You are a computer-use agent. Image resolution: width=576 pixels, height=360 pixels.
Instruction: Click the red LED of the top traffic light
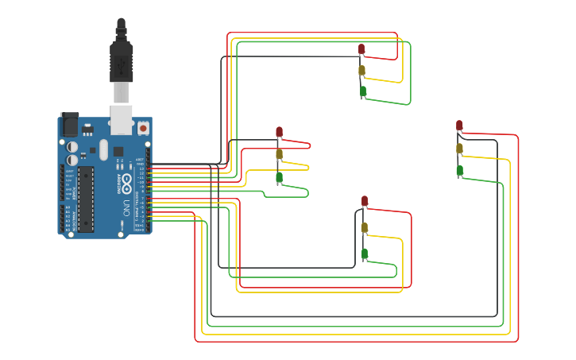361,49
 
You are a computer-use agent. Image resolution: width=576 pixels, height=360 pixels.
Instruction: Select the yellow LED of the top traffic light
361,71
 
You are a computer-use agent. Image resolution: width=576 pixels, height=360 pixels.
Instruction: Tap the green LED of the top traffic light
363,91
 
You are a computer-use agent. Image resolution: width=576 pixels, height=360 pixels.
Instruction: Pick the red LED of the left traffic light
279,132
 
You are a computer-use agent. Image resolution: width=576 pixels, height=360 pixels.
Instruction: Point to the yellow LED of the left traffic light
279,154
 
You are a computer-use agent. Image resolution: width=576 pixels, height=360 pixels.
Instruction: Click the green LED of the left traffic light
279,177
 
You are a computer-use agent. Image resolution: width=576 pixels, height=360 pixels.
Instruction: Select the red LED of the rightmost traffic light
459,126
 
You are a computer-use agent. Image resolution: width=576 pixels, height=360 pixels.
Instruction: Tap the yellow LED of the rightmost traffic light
459,149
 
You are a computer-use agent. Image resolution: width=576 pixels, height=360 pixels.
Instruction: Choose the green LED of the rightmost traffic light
459,170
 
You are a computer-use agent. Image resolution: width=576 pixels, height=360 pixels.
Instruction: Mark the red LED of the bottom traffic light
365,201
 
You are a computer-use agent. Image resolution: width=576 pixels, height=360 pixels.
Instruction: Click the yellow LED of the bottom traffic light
365,228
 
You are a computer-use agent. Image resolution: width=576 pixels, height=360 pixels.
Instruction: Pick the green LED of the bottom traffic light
365,254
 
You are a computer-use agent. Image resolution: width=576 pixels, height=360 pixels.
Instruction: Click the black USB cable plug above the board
121,60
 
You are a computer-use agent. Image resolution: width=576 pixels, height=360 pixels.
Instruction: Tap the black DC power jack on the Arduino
70,125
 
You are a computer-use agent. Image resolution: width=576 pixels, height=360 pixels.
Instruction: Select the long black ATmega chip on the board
85,199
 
